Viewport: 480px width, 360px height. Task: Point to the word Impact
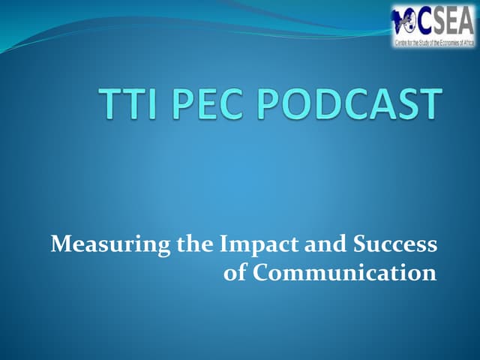pos(245,244)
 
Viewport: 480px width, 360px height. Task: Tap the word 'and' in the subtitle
pos(310,244)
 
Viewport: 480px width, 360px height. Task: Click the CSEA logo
pos(433,26)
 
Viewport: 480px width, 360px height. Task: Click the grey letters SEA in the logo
pos(451,20)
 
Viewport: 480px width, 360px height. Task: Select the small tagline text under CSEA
pos(434,43)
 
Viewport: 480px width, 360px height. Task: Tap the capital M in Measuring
pos(60,244)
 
